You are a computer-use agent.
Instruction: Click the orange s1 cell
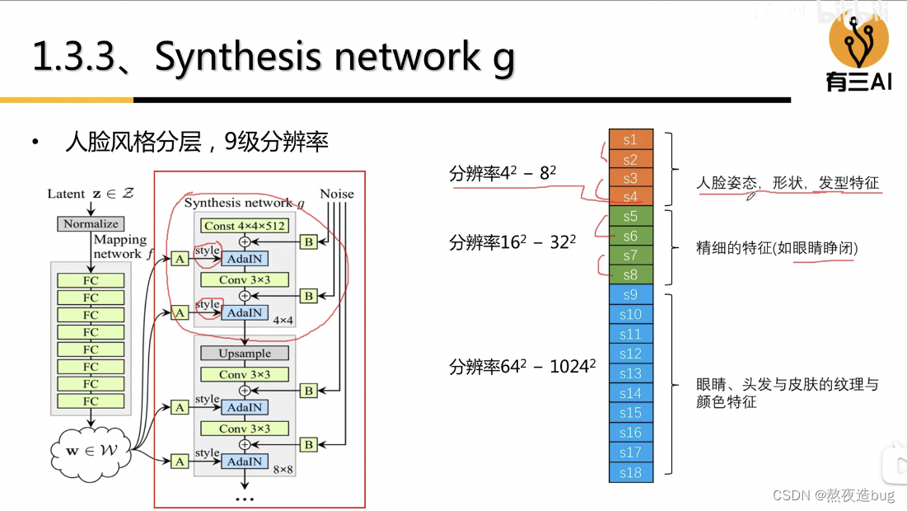click(x=631, y=138)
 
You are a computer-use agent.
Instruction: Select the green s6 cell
click(x=631, y=237)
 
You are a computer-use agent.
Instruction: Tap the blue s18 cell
click(x=631, y=472)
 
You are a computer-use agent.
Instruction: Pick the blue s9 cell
click(x=631, y=295)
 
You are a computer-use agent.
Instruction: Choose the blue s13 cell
click(x=631, y=373)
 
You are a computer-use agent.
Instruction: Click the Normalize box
click(x=91, y=224)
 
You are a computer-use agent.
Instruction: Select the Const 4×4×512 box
click(x=244, y=226)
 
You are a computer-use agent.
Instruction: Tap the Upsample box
click(x=244, y=354)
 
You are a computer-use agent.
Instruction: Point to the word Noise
click(x=336, y=195)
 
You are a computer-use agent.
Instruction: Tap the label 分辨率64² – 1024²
click(x=522, y=367)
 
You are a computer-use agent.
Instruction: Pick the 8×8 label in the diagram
click(x=283, y=469)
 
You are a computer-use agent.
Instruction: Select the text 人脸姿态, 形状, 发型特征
click(x=788, y=183)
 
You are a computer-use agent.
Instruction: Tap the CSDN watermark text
click(x=833, y=495)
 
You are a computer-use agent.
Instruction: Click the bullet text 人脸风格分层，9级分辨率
click(x=197, y=143)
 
